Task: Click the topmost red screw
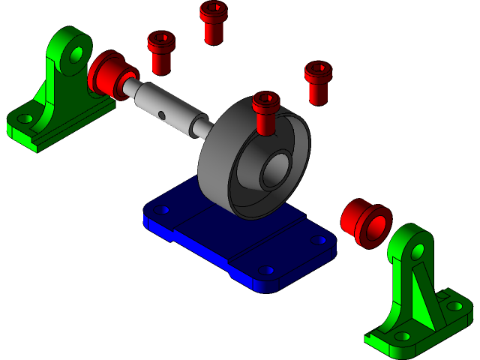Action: (x=214, y=22)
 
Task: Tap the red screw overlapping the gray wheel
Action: (x=265, y=112)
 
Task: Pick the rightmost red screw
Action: (x=318, y=82)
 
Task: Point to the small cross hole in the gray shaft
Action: (x=162, y=115)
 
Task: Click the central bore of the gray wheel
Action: (x=275, y=170)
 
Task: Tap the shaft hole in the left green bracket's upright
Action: (x=76, y=55)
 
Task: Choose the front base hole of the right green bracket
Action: (x=403, y=337)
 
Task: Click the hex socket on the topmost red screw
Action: (x=214, y=8)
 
